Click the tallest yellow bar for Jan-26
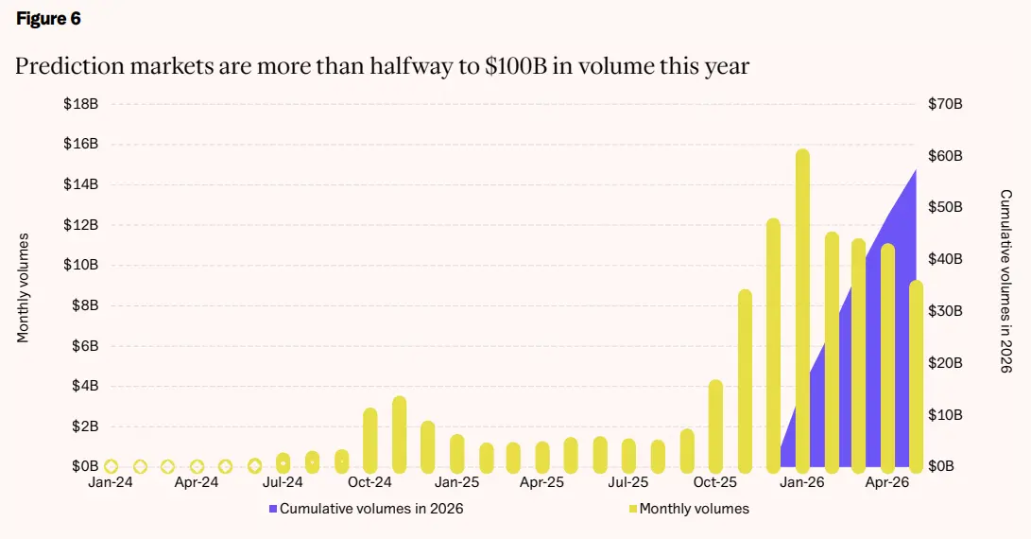802,310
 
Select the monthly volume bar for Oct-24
370,441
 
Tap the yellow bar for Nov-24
399,434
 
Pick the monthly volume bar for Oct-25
715,426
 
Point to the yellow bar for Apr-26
887,358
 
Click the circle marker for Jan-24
112,466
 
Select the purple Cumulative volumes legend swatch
273,509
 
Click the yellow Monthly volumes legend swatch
633,509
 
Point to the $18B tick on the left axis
81,104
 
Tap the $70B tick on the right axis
945,104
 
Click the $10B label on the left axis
81,265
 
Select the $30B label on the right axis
945,310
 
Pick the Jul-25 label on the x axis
627,482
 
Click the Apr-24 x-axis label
196,482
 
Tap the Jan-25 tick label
457,482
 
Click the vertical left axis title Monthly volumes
23,287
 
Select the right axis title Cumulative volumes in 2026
1006,282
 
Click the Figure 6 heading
48,18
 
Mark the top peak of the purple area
916,169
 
